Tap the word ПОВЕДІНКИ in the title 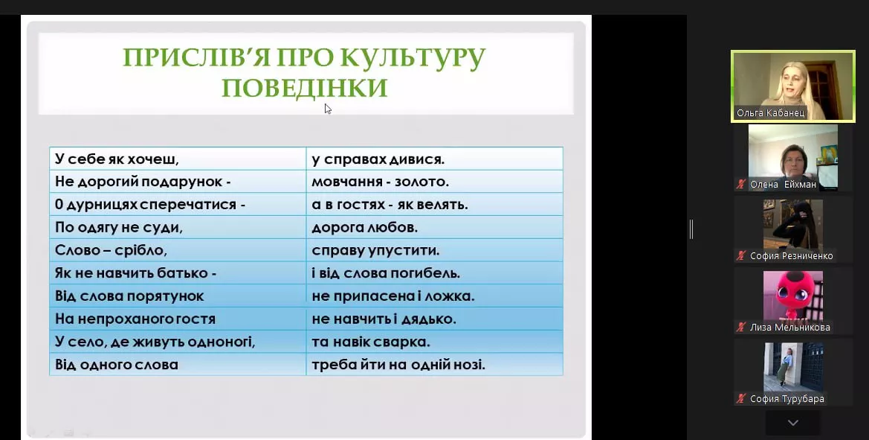pyautogui.click(x=304, y=88)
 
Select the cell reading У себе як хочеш pyautogui.click(x=178, y=159)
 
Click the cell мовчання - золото pyautogui.click(x=434, y=182)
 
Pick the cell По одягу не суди pyautogui.click(x=178, y=228)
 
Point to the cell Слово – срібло pyautogui.click(x=178, y=250)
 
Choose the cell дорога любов pyautogui.click(x=434, y=228)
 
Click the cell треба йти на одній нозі pyautogui.click(x=434, y=365)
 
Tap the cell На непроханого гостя pyautogui.click(x=178, y=319)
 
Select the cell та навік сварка pyautogui.click(x=434, y=342)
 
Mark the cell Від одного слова pyautogui.click(x=178, y=365)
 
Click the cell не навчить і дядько pyautogui.click(x=434, y=319)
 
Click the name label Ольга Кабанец pyautogui.click(x=770, y=113)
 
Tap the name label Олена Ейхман pyautogui.click(x=783, y=184)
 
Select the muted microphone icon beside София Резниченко pyautogui.click(x=741, y=256)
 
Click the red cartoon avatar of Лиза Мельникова pyautogui.click(x=792, y=296)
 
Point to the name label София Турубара pyautogui.click(x=787, y=398)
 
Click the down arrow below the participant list pyautogui.click(x=793, y=423)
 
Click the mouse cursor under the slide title pyautogui.click(x=328, y=109)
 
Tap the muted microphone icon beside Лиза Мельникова pyautogui.click(x=741, y=328)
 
